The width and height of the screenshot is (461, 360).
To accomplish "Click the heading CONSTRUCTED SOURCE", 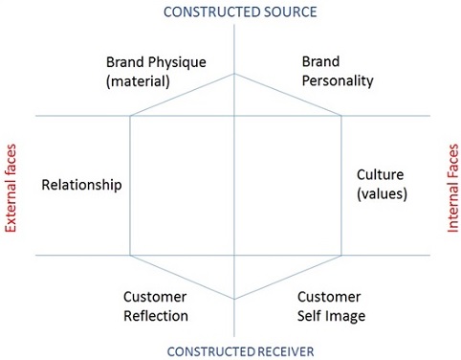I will click(x=239, y=11).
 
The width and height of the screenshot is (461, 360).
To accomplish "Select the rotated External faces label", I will click(x=11, y=189).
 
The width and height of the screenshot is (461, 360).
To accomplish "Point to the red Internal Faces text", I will click(x=452, y=189).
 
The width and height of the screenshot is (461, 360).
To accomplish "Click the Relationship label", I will click(x=82, y=185).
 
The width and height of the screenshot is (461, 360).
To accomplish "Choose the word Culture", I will click(x=380, y=175).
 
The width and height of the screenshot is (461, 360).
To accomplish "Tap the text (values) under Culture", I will click(x=382, y=193).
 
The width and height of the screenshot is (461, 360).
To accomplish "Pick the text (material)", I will click(x=139, y=81).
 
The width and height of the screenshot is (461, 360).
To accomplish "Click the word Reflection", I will click(x=156, y=316).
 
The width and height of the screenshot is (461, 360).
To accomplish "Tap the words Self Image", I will click(x=331, y=316).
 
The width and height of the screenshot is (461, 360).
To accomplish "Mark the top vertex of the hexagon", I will click(x=234, y=73).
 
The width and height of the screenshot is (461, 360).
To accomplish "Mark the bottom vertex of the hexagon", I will click(x=234, y=299).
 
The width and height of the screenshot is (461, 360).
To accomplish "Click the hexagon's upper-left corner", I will click(x=130, y=116).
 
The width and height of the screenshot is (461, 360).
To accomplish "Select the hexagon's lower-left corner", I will click(x=130, y=256).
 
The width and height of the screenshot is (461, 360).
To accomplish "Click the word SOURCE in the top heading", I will click(x=285, y=11).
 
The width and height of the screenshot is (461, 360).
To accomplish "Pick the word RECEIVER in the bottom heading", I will click(x=276, y=349).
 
